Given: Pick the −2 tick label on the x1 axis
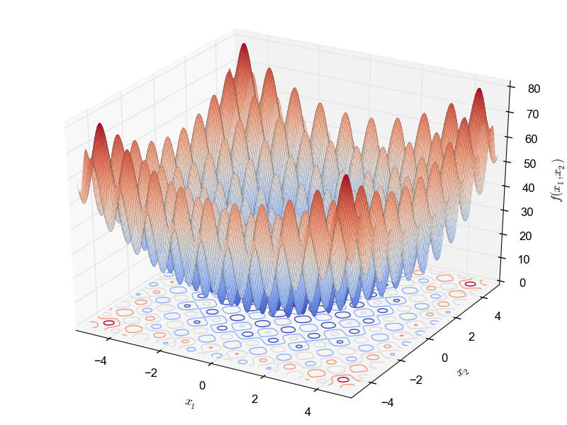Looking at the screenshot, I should (x=150, y=372).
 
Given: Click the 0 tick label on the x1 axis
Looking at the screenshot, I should (x=202, y=385).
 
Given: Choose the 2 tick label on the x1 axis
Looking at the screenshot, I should (x=255, y=399).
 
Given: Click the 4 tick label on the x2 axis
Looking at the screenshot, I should (x=496, y=316).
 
